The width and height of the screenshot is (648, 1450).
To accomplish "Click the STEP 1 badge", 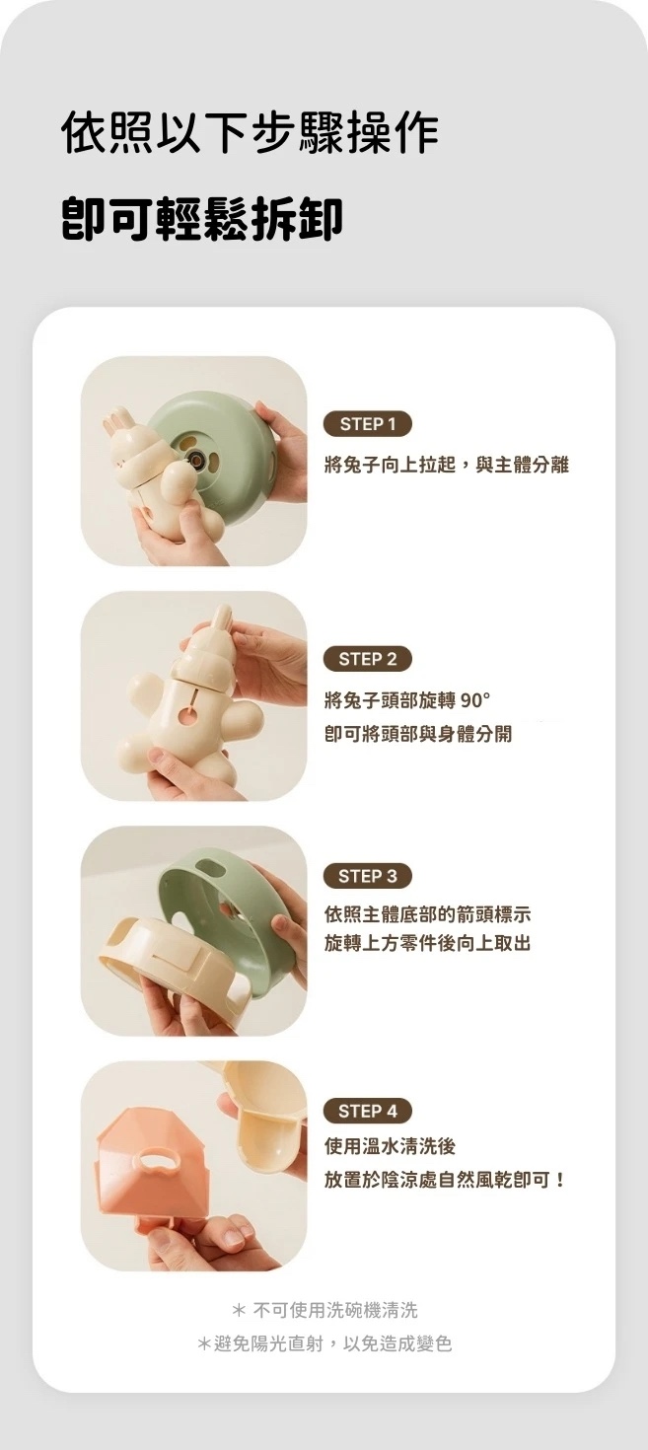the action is (x=367, y=424).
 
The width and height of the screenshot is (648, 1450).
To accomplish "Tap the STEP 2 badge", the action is (x=367, y=659).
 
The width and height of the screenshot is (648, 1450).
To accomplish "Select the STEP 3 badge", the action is (x=367, y=876).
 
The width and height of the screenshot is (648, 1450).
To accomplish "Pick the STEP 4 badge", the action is (x=367, y=1111).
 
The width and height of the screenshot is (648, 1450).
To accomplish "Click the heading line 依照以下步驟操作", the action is (x=250, y=133).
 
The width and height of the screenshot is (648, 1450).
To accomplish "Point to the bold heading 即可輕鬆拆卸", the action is (x=202, y=220).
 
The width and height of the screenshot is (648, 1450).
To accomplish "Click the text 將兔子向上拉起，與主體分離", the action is (x=447, y=465).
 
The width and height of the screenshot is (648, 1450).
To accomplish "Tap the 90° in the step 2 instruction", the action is (x=475, y=700).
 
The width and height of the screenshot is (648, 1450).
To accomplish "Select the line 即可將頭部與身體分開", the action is (x=418, y=734).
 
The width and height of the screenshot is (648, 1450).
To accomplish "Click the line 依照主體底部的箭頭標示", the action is (x=427, y=914).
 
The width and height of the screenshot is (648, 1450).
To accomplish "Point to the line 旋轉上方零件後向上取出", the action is (x=427, y=943).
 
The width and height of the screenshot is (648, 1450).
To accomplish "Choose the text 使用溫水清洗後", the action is (x=390, y=1146).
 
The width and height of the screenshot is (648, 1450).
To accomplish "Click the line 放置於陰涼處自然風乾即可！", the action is (x=446, y=1180).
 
